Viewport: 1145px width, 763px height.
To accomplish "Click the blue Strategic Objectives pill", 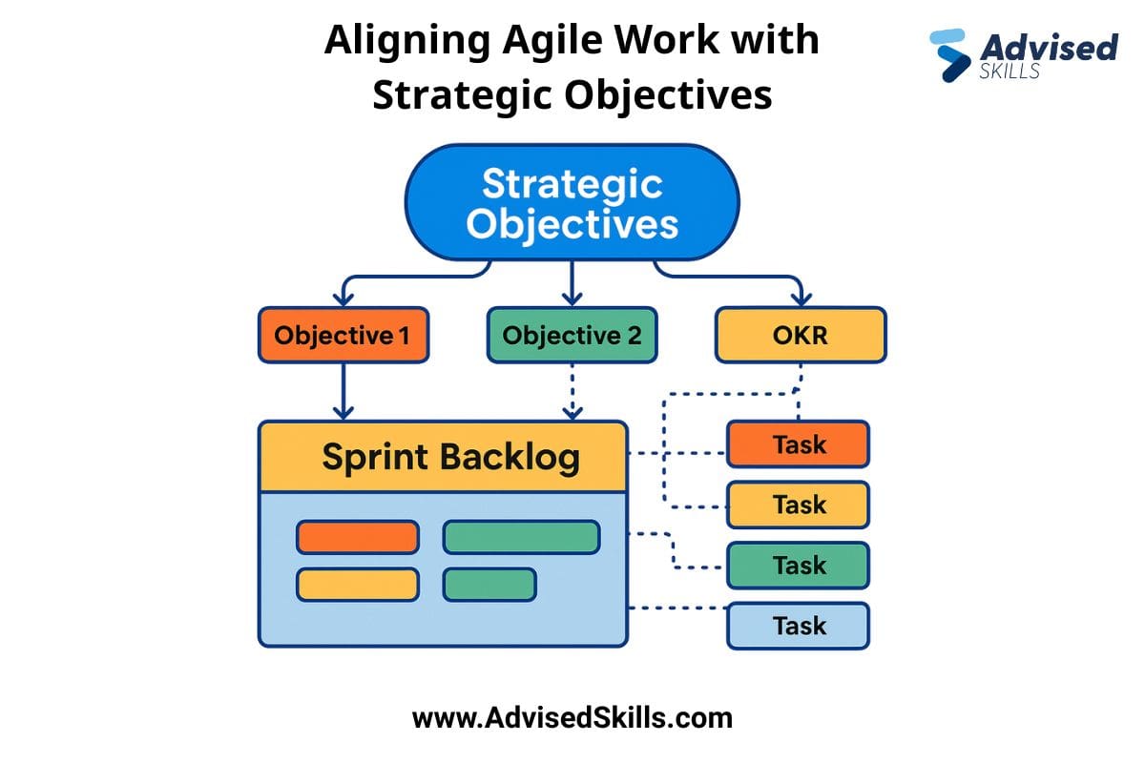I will tap(571, 202).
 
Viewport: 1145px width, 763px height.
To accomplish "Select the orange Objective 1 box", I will tap(343, 335).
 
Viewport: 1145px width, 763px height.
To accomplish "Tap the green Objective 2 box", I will tap(571, 335).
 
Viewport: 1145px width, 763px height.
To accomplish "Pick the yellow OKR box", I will tap(801, 335).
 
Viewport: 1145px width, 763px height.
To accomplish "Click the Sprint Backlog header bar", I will tap(443, 457).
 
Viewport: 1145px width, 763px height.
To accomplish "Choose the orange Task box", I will tap(798, 444).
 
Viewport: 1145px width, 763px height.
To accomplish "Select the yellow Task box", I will tap(798, 505).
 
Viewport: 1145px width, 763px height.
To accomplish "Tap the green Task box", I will tap(798, 565).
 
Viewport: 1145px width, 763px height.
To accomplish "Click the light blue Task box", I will tap(798, 626).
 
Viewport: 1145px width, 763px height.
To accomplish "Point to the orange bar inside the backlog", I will tap(357, 537).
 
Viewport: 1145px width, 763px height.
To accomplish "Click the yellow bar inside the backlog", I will tap(357, 584).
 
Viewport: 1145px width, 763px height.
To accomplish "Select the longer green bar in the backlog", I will tap(521, 537).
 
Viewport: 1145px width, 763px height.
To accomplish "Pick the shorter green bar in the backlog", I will tap(489, 584).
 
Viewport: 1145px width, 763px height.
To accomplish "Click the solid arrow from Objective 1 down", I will tap(343, 391).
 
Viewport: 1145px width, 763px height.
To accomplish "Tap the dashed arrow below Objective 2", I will tap(572, 391).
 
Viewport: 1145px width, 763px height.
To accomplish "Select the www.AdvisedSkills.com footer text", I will tap(572, 717).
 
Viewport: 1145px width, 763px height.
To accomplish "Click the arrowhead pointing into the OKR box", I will tap(801, 297).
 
